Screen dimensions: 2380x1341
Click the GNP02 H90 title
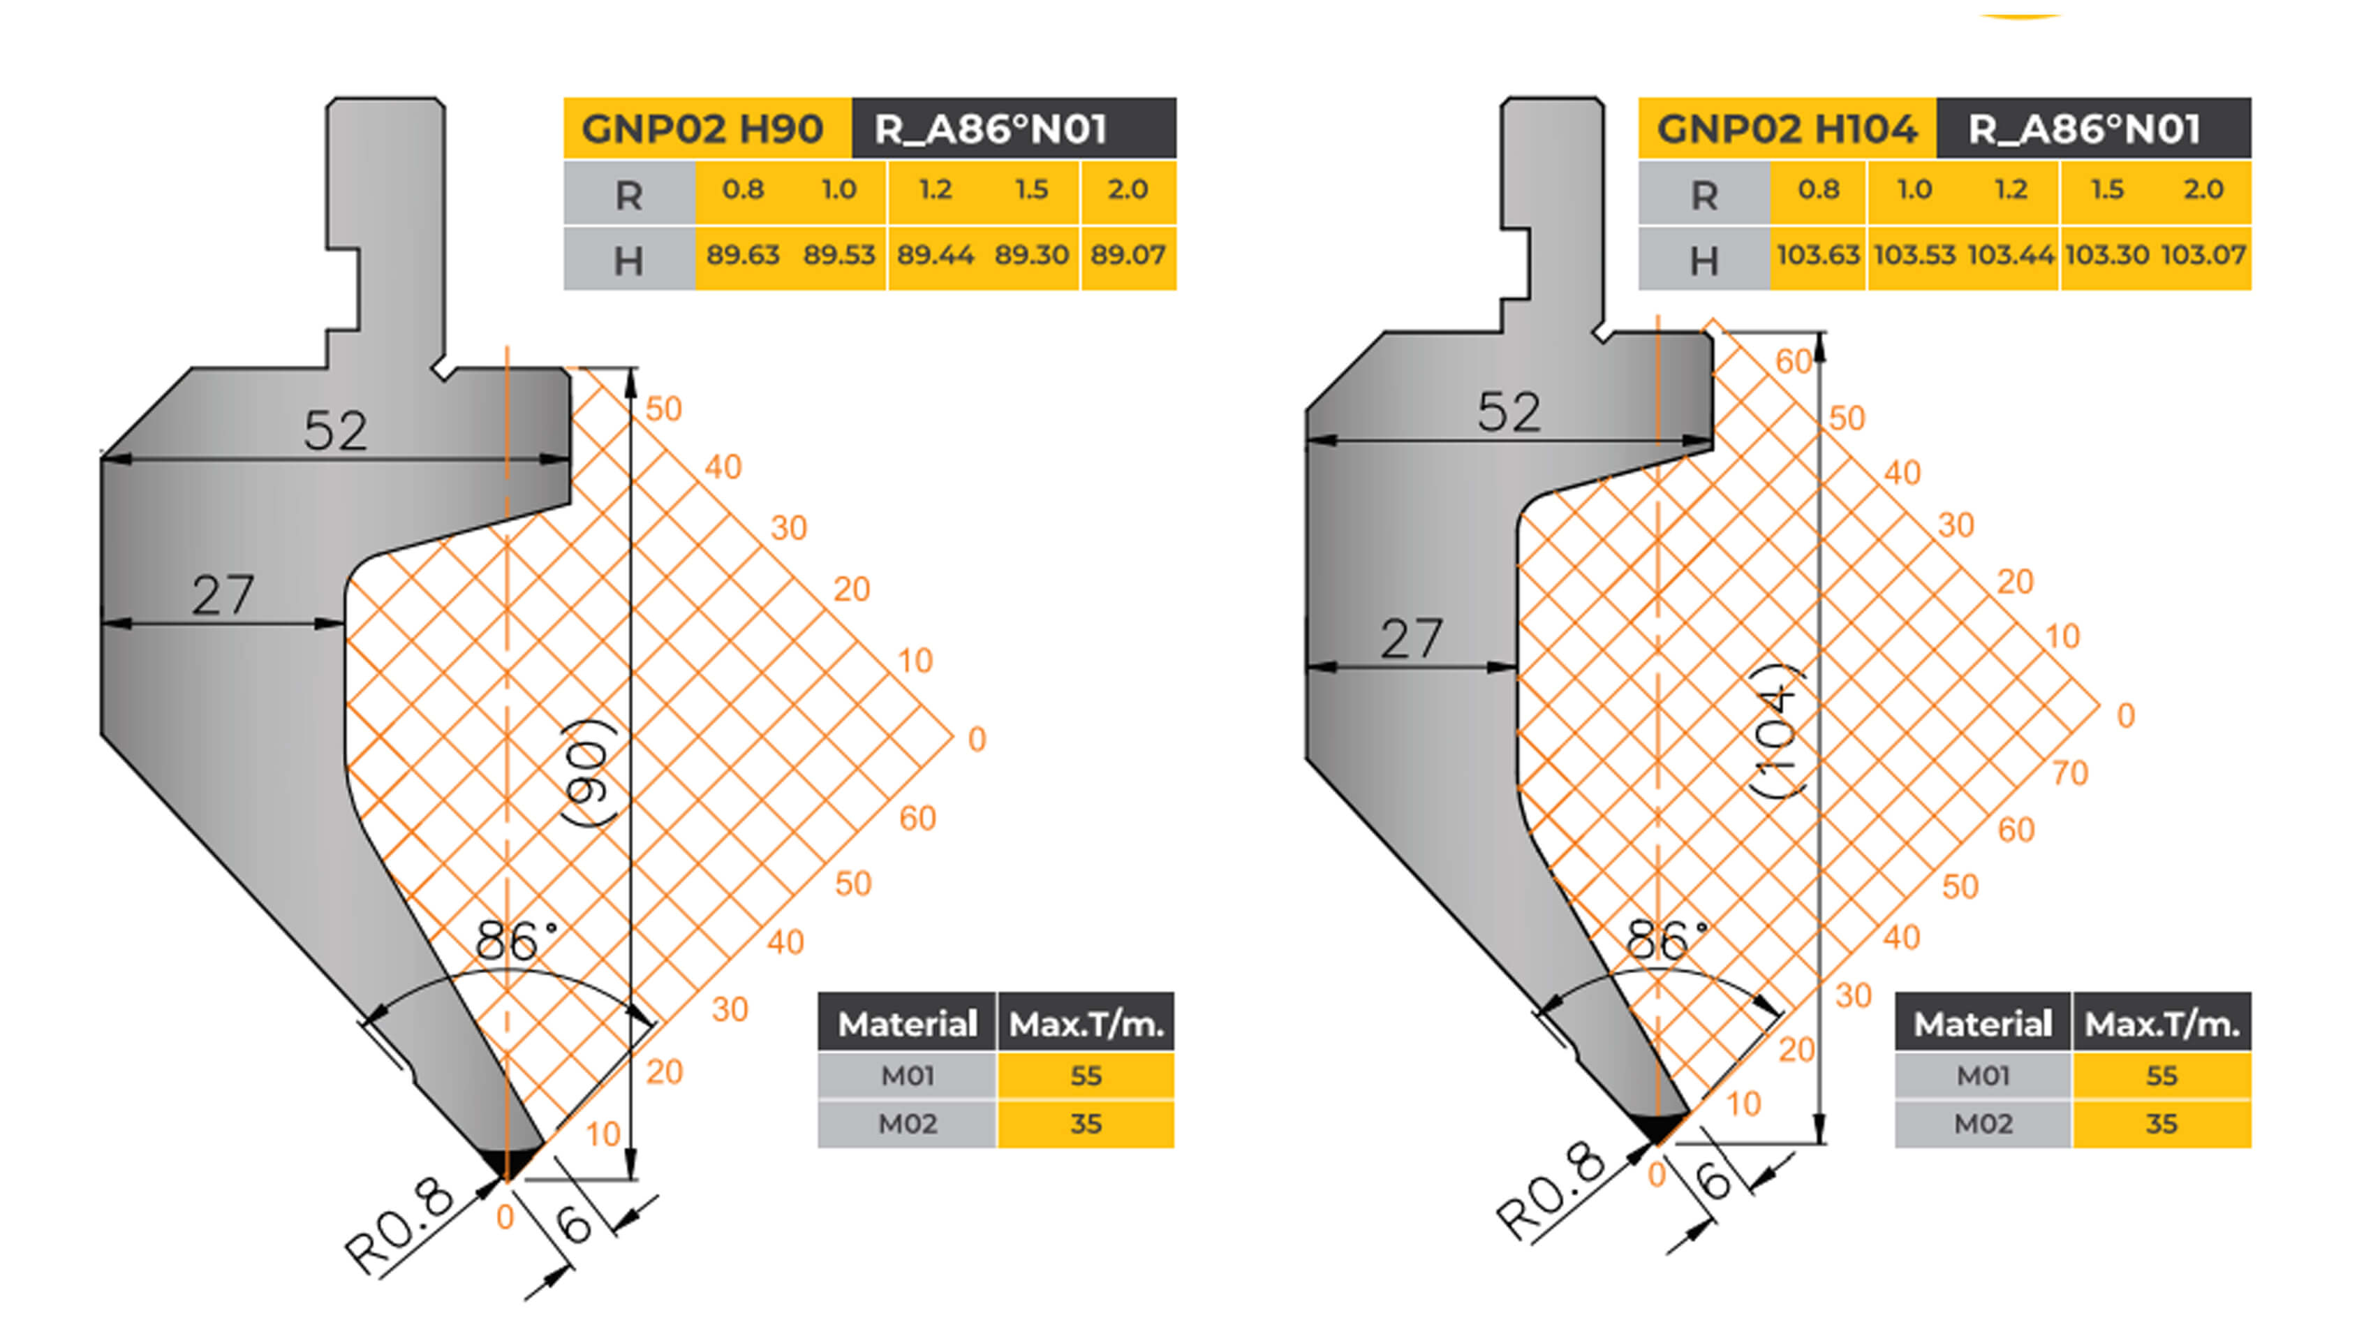(702, 129)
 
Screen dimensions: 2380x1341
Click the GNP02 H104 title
(1787, 129)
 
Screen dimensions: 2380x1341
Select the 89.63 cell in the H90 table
(743, 254)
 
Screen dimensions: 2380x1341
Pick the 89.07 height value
(1128, 254)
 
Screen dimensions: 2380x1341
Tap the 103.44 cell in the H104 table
(2011, 254)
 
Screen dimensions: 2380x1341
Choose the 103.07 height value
(2203, 254)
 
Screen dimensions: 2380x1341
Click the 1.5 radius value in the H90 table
(1031, 189)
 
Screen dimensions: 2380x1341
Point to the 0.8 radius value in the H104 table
(1818, 189)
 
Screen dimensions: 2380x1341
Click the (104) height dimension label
(1778, 730)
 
